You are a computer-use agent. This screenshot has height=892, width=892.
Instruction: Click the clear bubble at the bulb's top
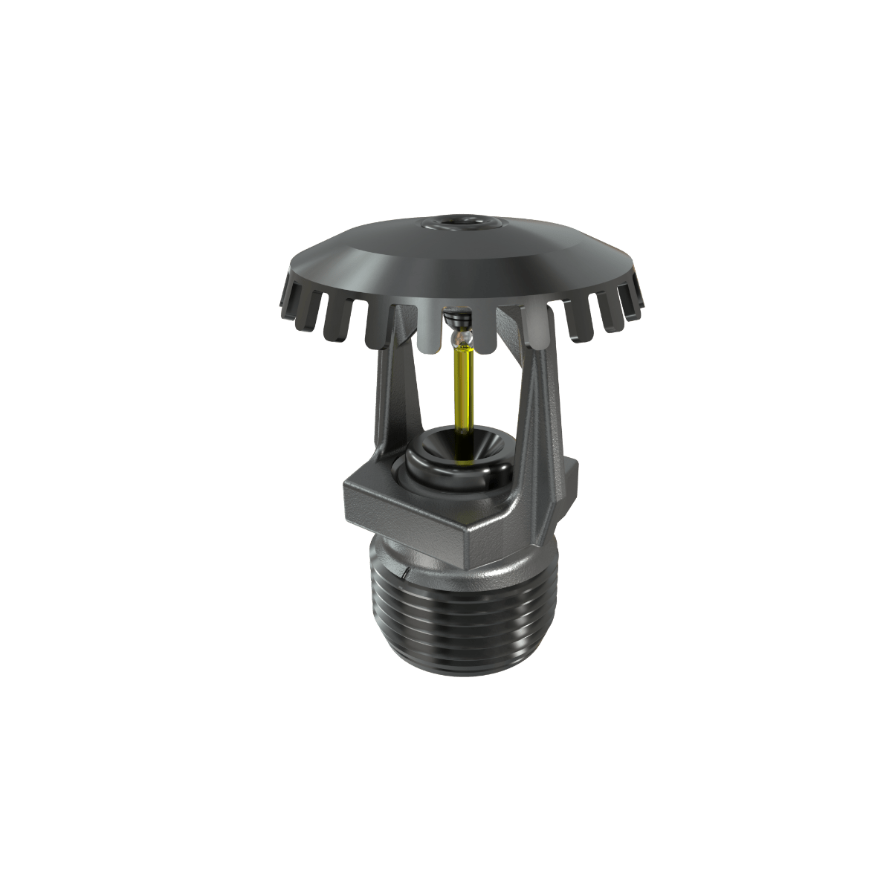click(x=461, y=340)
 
